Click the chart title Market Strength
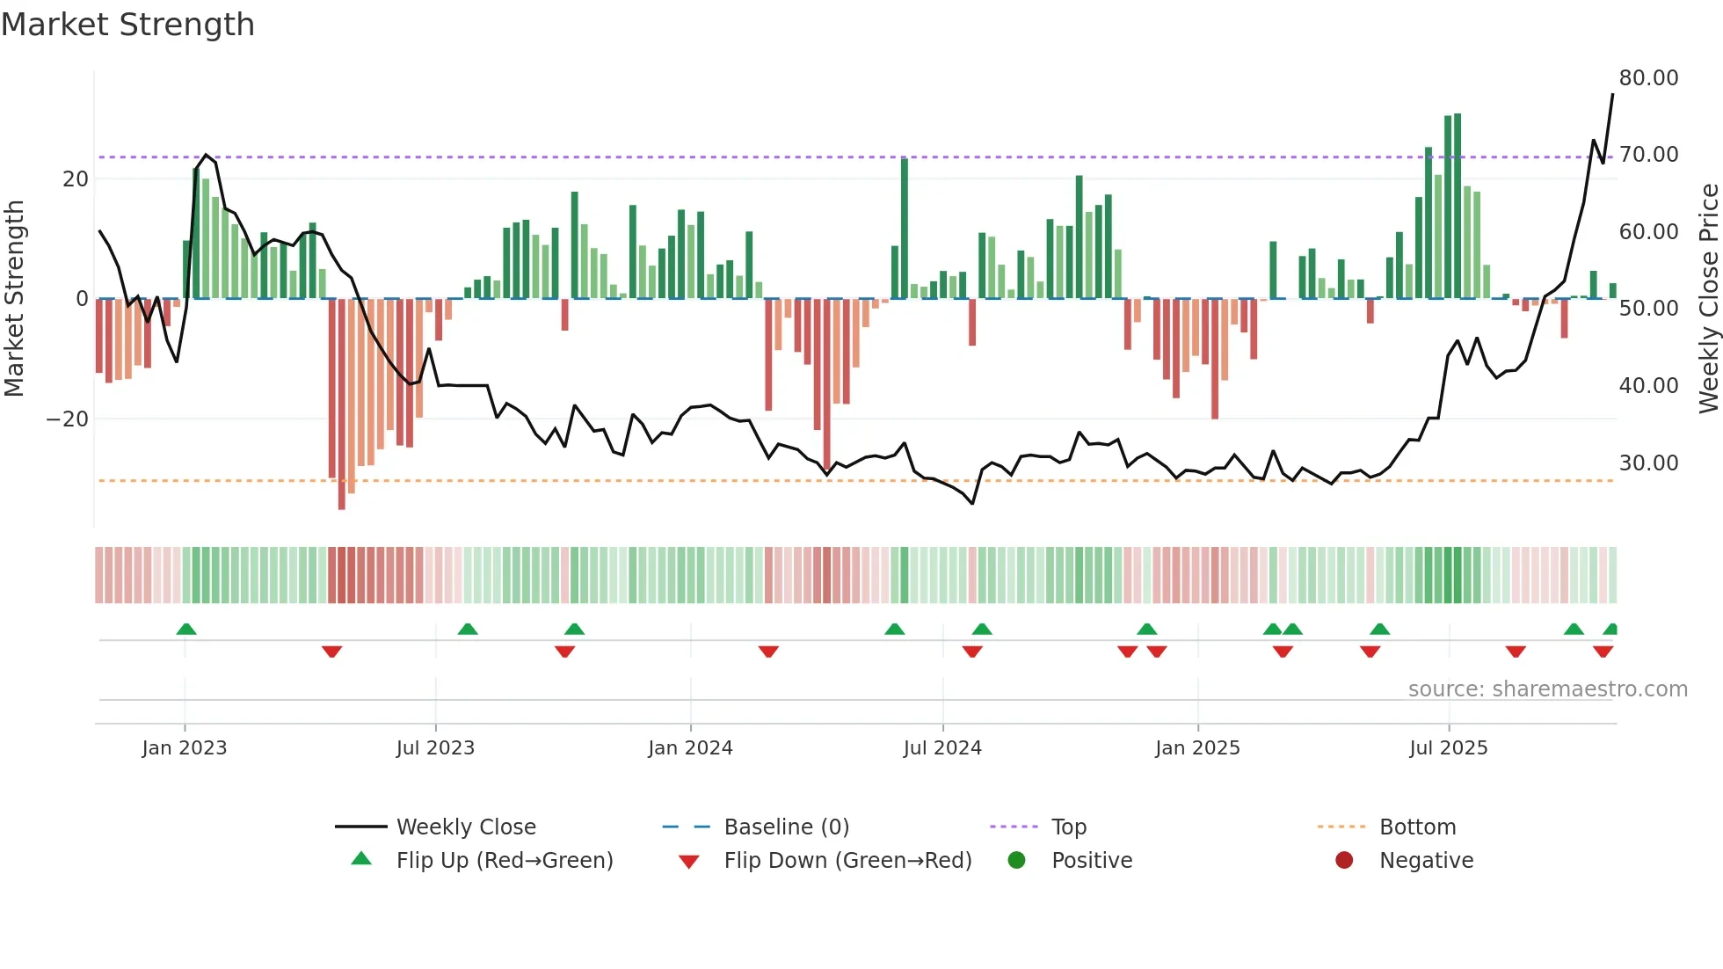pyautogui.click(x=127, y=25)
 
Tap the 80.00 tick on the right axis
pyautogui.click(x=1648, y=78)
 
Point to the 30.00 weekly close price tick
pyautogui.click(x=1648, y=463)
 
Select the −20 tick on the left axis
pyautogui.click(x=68, y=419)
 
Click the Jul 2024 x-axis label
pyautogui.click(x=941, y=748)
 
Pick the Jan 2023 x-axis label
pyautogui.click(x=184, y=748)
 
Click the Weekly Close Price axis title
pyautogui.click(x=1708, y=298)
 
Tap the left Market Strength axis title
pyautogui.click(x=15, y=298)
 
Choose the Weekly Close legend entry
pyautogui.click(x=465, y=827)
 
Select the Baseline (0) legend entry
pyautogui.click(x=786, y=827)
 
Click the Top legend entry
pyautogui.click(x=1068, y=827)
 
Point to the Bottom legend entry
pyautogui.click(x=1417, y=827)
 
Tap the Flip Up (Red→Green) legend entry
pyautogui.click(x=504, y=861)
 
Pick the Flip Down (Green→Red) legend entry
pyautogui.click(x=847, y=861)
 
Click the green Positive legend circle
pyautogui.click(x=1016, y=861)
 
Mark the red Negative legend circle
pyautogui.click(x=1344, y=861)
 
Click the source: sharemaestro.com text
pyautogui.click(x=1547, y=689)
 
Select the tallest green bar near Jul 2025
pyautogui.click(x=1458, y=206)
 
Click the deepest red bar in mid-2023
pyautogui.click(x=342, y=404)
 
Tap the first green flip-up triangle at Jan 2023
pyautogui.click(x=185, y=630)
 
